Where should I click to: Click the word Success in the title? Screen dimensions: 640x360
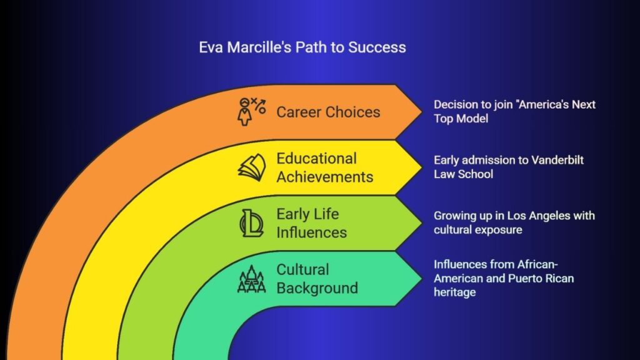[x=377, y=47]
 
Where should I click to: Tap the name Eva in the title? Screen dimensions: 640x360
[x=211, y=47]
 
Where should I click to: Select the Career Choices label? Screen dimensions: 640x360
[x=328, y=112]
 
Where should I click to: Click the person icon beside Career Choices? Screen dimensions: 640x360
[x=244, y=112]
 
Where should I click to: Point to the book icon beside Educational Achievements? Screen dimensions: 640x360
[x=252, y=167]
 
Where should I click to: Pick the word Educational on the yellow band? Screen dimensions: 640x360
[x=316, y=158]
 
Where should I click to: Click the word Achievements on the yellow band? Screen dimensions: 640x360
[x=325, y=177]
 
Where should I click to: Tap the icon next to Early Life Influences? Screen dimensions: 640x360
[x=251, y=223]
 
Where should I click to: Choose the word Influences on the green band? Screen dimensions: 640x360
[x=311, y=232]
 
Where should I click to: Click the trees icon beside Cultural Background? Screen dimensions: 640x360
[x=251, y=279]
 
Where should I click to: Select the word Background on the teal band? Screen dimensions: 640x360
[x=317, y=287]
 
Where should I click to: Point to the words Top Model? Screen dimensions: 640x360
[x=461, y=118]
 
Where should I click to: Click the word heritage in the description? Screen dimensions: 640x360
[x=455, y=292]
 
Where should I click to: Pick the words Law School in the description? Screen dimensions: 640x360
[x=463, y=174]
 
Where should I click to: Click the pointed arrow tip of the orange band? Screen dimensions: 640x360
[x=422, y=111]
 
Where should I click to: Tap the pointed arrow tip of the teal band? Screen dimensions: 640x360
[x=422, y=279]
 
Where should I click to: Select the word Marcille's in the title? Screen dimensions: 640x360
[x=259, y=47]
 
